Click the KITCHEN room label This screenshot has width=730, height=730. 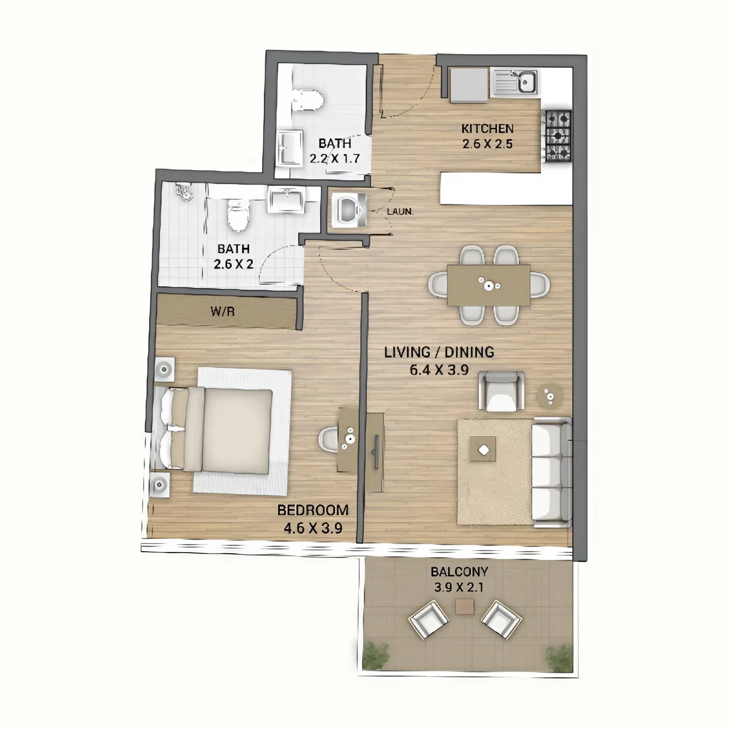point(487,129)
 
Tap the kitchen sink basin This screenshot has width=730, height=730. point(527,83)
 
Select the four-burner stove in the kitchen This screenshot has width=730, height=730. point(558,136)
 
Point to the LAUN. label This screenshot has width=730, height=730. point(400,212)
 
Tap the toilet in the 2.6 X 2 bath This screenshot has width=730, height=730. point(239,215)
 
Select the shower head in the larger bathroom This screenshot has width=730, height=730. point(185,192)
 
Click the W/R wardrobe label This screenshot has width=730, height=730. point(223,312)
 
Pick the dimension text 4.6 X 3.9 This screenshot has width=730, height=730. point(313,528)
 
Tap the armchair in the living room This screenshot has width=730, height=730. point(501,391)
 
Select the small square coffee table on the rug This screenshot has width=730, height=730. point(483,450)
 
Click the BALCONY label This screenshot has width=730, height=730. point(459,571)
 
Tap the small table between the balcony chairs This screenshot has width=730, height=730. point(464,606)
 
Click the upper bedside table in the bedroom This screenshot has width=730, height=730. point(164,369)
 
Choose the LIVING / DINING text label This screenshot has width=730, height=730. point(439,352)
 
